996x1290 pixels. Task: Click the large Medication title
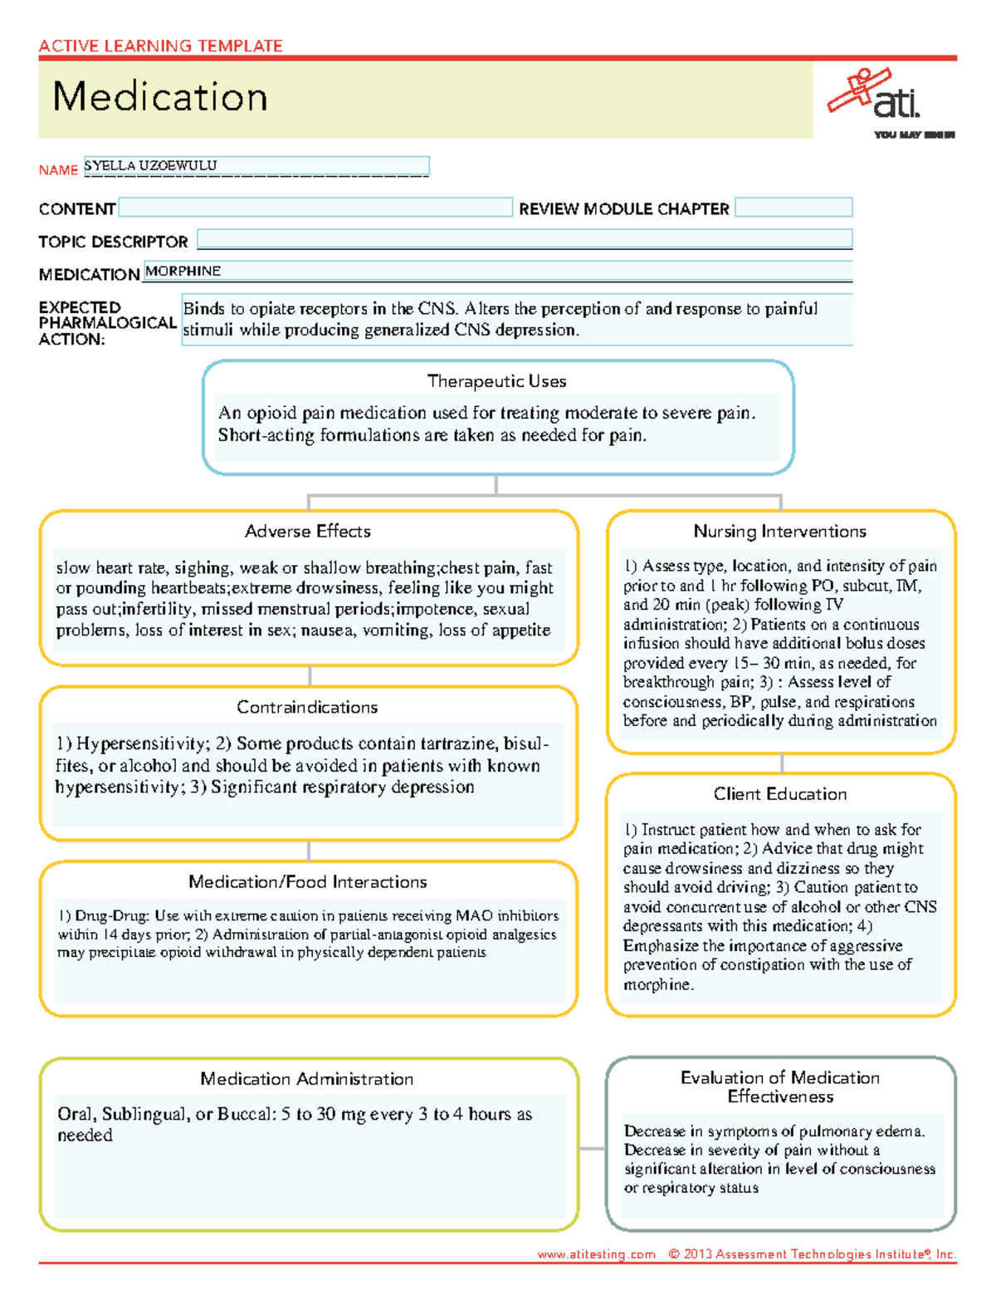click(x=160, y=96)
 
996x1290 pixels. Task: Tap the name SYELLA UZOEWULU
click(x=150, y=165)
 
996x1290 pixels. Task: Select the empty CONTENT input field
click(x=315, y=208)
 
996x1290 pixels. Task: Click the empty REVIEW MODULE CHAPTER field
click(x=793, y=208)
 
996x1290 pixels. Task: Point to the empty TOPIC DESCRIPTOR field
click(x=524, y=240)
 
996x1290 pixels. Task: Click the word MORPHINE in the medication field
click(x=183, y=271)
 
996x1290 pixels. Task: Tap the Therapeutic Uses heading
click(x=496, y=381)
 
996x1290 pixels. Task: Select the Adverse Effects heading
click(x=308, y=532)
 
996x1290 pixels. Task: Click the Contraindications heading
click(x=307, y=707)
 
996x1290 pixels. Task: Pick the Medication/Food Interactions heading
click(x=307, y=882)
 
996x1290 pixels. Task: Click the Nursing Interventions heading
click(x=779, y=532)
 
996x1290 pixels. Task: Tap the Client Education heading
click(x=780, y=794)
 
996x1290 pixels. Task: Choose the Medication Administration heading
click(x=306, y=1079)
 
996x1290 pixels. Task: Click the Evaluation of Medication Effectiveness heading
click(x=780, y=1086)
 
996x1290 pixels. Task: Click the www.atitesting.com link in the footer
click(x=595, y=1254)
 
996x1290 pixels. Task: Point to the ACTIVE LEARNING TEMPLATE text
click(x=160, y=46)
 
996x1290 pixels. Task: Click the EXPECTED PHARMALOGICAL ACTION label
click(x=106, y=323)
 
